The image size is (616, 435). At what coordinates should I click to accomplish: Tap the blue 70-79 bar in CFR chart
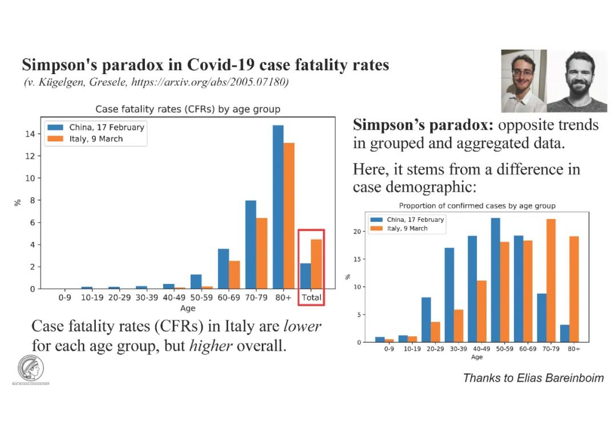[x=250, y=245]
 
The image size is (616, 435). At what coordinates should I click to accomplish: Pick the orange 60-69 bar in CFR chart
[x=234, y=275]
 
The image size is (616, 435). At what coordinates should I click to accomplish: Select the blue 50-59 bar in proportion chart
[x=496, y=280]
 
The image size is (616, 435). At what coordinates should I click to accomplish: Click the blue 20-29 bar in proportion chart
[x=426, y=320]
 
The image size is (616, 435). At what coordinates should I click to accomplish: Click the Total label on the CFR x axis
[x=311, y=298]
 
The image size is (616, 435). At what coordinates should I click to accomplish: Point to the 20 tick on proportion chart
[x=357, y=231]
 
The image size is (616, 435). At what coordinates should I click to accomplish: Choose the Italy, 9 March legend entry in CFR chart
[x=96, y=139]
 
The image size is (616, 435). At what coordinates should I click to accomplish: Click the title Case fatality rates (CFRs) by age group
[x=188, y=109]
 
